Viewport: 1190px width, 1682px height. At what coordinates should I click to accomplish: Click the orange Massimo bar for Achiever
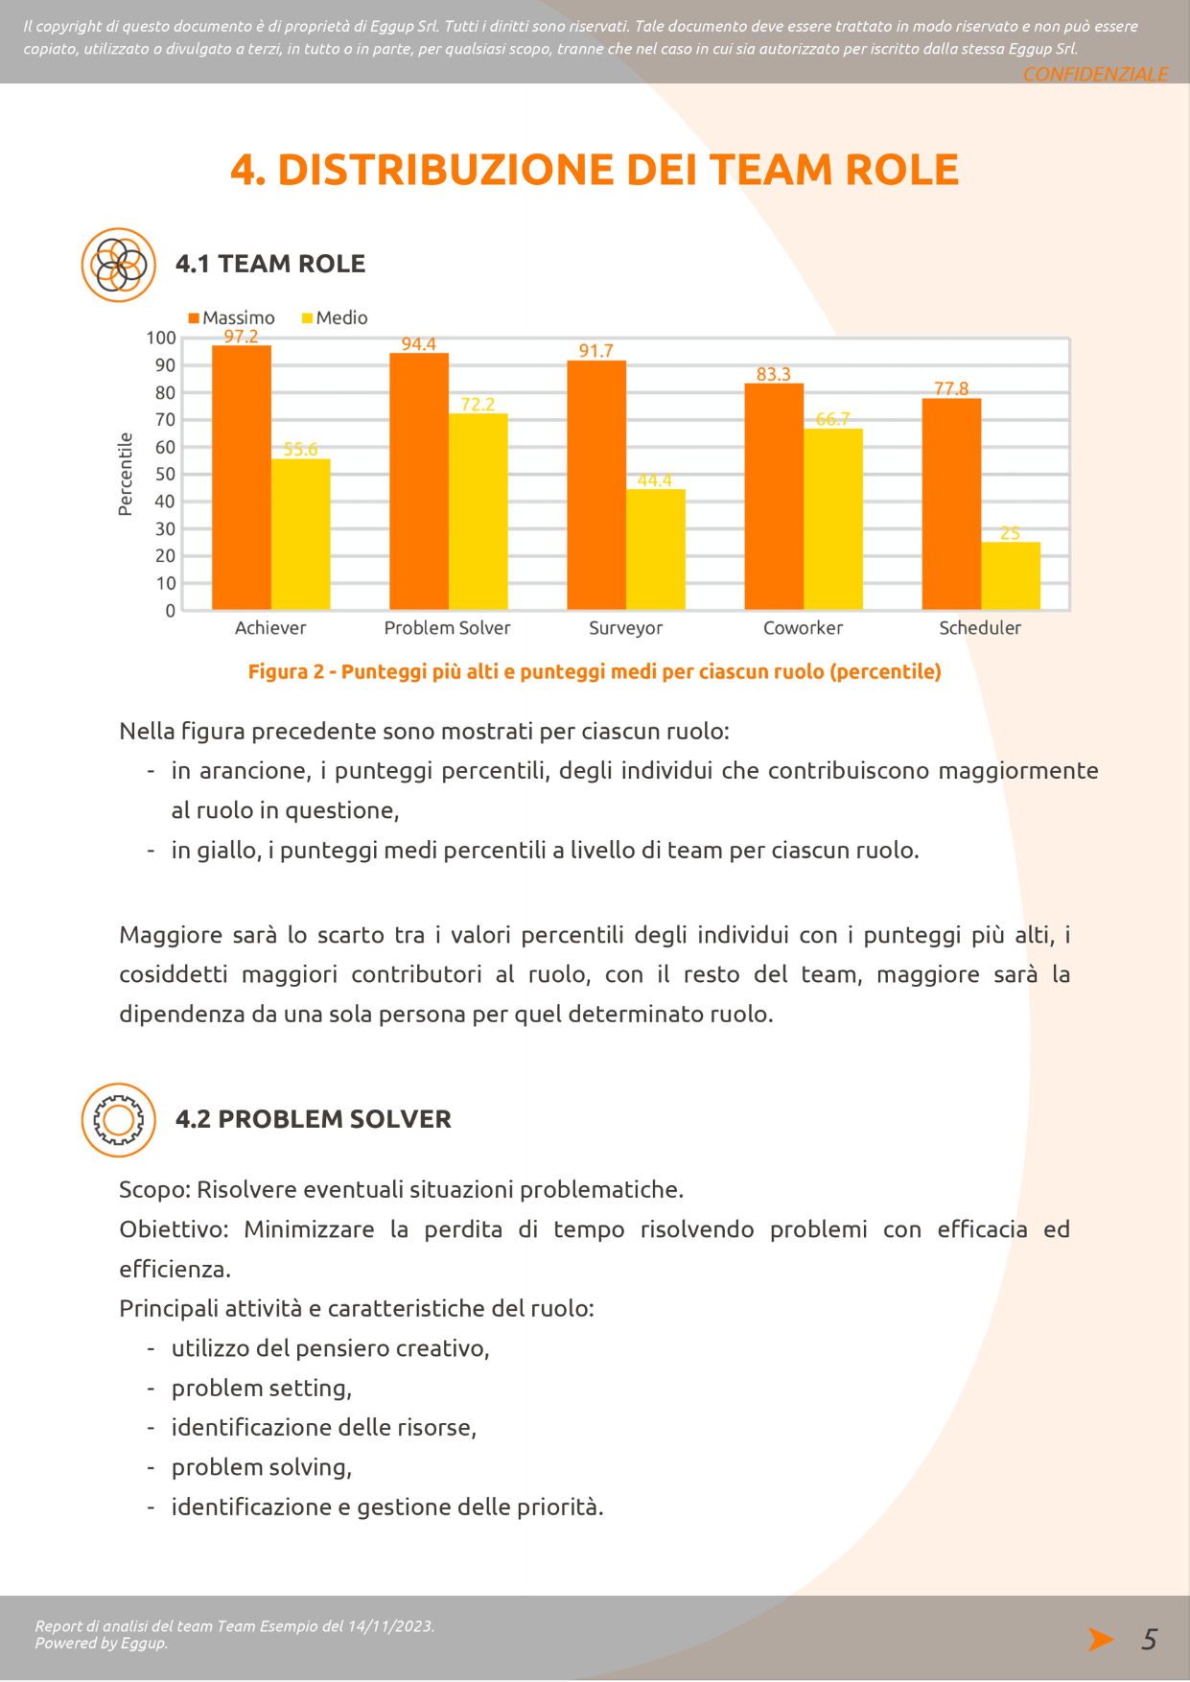[x=242, y=478]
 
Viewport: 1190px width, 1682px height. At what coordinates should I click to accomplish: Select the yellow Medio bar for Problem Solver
[x=478, y=511]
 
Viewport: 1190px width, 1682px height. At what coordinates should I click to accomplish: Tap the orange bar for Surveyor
[x=596, y=485]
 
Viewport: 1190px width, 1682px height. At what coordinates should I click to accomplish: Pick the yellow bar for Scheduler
[x=1011, y=575]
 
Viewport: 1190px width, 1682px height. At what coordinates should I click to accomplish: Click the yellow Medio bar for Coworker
[x=833, y=519]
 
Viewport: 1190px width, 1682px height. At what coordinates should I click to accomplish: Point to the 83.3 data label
[x=774, y=374]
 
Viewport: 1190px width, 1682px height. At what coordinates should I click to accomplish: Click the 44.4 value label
[x=655, y=480]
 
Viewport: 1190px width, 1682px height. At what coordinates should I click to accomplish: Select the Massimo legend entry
[x=232, y=317]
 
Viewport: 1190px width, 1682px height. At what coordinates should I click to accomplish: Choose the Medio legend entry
[x=335, y=317]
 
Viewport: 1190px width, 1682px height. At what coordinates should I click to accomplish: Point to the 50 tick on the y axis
[x=165, y=474]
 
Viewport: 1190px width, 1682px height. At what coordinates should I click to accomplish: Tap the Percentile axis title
[x=125, y=474]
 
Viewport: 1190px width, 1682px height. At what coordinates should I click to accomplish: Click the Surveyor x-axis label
[x=625, y=627]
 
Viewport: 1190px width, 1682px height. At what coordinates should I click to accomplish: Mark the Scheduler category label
[x=980, y=627]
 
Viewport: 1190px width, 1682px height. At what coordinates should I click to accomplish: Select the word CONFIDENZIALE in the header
[x=1096, y=74]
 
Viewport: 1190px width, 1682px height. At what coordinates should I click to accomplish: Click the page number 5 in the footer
[x=1149, y=1639]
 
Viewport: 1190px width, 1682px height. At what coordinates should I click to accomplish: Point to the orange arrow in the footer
[x=1101, y=1639]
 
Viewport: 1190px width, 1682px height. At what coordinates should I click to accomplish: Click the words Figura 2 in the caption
[x=286, y=671]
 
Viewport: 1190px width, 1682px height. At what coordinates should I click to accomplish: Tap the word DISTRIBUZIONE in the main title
[x=446, y=170]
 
